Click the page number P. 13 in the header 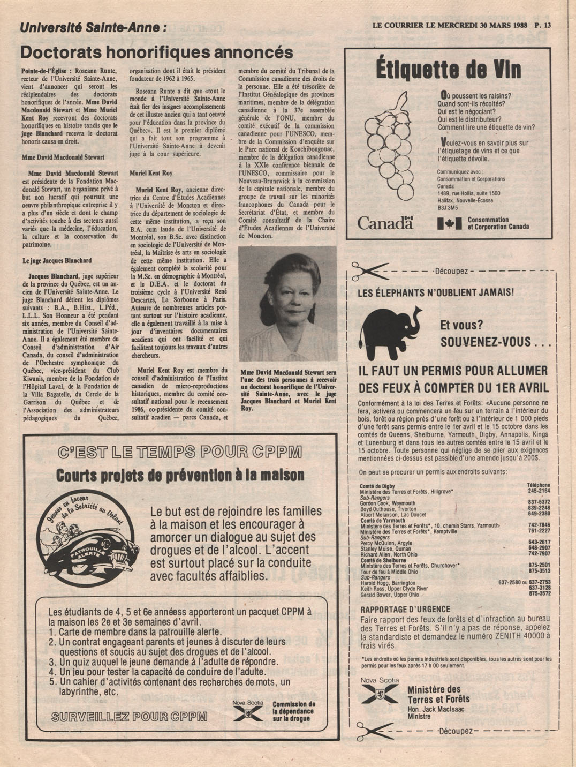click(x=543, y=25)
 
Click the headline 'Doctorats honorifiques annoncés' click(x=156, y=52)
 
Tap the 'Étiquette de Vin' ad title click(x=448, y=70)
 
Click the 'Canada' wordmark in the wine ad click(x=385, y=223)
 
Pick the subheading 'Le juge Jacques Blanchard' click(x=57, y=261)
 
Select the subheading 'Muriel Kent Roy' click(x=151, y=174)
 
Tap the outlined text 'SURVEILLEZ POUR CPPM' click(x=129, y=716)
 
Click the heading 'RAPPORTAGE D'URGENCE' click(x=405, y=609)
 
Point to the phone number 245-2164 click(x=539, y=491)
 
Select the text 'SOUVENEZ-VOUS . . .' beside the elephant click(x=495, y=342)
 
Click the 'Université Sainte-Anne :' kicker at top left click(x=93, y=27)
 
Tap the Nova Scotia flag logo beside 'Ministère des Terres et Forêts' click(x=379, y=694)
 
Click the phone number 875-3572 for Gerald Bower click(x=539, y=593)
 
